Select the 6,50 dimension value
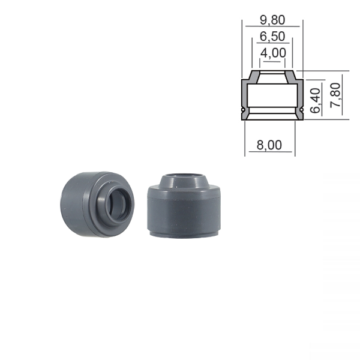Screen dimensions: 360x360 pyautogui.click(x=272, y=37)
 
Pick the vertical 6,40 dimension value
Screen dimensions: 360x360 pyautogui.click(x=317, y=99)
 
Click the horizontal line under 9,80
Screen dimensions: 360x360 pyautogui.click(x=272, y=28)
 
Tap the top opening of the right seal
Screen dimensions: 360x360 pyautogui.click(x=183, y=178)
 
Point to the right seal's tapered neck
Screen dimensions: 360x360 pyautogui.click(x=183, y=186)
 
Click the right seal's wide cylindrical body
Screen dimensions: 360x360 pyautogui.click(x=183, y=216)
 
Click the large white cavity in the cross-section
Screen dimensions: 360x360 pyautogui.click(x=272, y=96)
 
